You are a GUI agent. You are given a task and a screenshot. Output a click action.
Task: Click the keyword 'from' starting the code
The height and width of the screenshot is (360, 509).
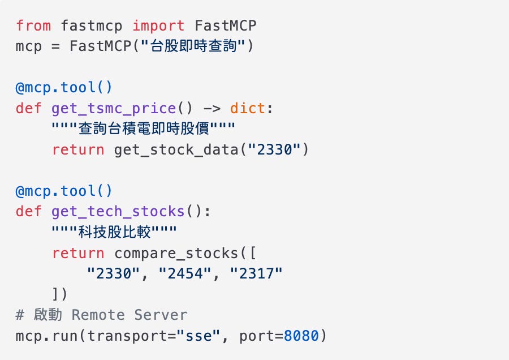point(33,26)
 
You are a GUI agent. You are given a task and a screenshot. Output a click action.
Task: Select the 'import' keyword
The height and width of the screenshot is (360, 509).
point(158,26)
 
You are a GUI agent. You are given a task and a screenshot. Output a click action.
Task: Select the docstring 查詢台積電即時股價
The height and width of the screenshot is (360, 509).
point(141,129)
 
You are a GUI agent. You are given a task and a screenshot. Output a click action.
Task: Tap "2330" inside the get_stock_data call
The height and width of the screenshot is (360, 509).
point(274,149)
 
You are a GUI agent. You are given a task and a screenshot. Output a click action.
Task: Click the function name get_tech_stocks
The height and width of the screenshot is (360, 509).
point(118,212)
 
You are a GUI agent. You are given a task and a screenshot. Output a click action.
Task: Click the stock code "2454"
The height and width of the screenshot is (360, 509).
point(186,273)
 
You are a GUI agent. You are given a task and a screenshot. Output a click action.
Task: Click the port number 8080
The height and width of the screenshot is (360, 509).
point(301,336)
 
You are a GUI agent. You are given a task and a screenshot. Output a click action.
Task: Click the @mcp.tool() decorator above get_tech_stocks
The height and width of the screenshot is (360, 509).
point(64,191)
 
